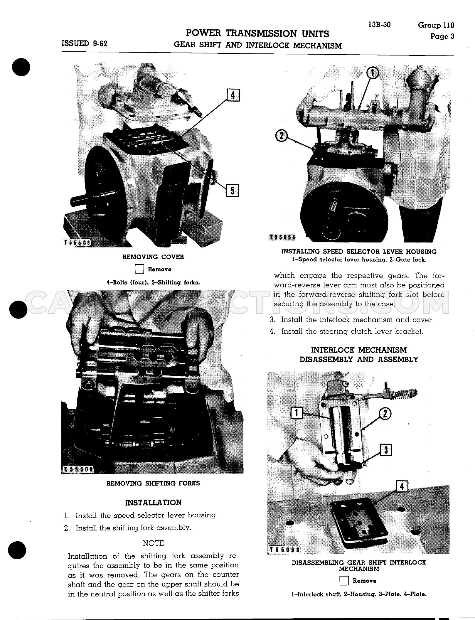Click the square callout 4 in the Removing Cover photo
[x=233, y=95]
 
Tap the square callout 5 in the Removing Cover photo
[x=232, y=191]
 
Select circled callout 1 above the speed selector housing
[x=373, y=73]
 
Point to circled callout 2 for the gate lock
[x=282, y=136]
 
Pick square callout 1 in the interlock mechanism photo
[x=297, y=413]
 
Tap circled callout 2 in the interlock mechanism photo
[x=385, y=414]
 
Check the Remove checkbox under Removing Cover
[x=139, y=269]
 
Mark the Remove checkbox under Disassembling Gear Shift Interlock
[x=344, y=581]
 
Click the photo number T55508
[x=78, y=242]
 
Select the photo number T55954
[x=282, y=237]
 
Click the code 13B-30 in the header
[x=380, y=25]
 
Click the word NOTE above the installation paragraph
[x=153, y=543]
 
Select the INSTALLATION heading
[x=153, y=503]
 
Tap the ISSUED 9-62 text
[x=85, y=43]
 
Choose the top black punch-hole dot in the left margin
[x=21, y=67]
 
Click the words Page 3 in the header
[x=442, y=36]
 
